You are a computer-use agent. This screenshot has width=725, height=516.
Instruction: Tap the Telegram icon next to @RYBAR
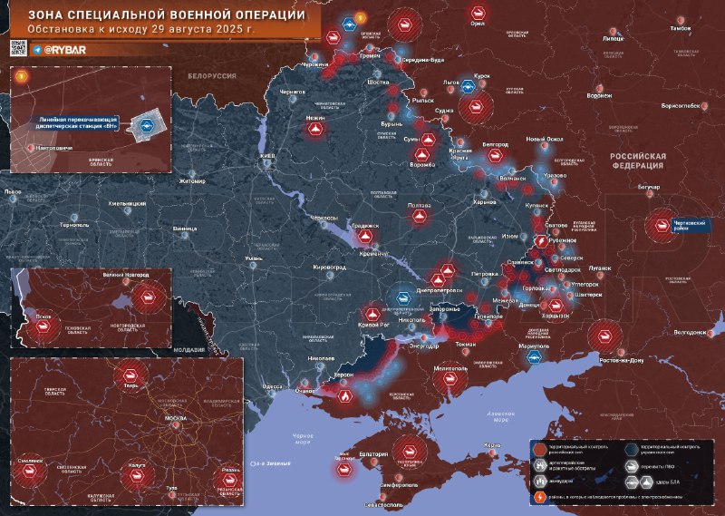[x=37, y=50]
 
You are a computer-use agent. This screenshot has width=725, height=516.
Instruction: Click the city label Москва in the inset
[x=175, y=419]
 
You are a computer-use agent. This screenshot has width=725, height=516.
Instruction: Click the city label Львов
[x=13, y=192]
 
